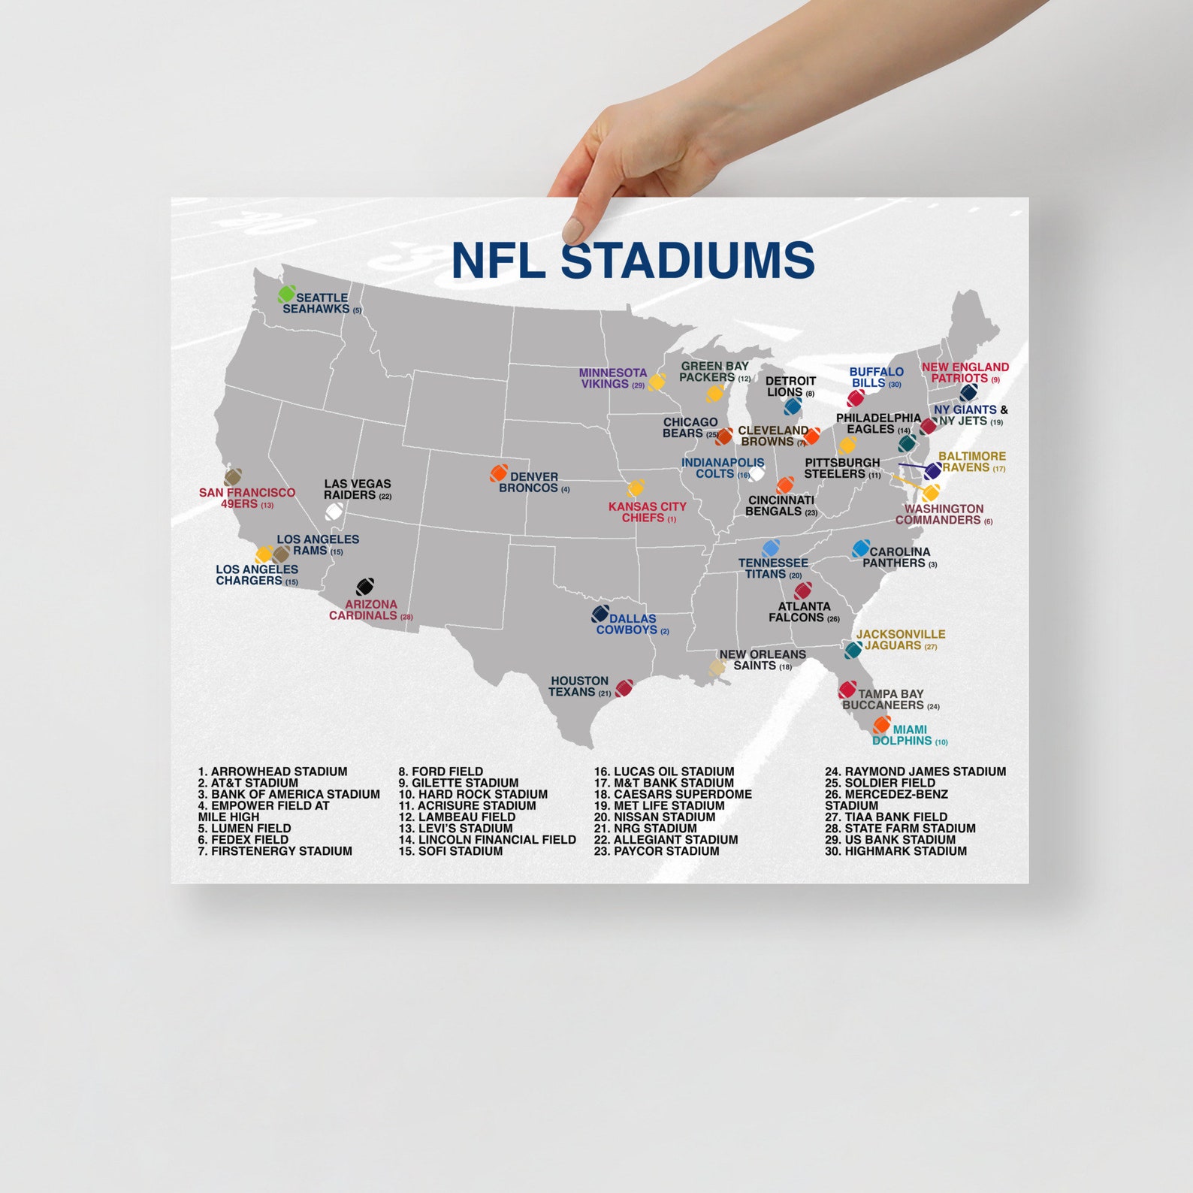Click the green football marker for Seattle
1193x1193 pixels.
click(286, 294)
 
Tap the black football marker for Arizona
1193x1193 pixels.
click(365, 586)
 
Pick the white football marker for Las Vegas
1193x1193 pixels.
click(334, 512)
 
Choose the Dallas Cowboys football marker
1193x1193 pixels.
click(600, 614)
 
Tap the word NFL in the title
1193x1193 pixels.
click(497, 261)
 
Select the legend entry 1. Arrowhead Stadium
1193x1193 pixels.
click(273, 772)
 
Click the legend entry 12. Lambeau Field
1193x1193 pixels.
click(457, 817)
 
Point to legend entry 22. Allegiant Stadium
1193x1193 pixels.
click(666, 839)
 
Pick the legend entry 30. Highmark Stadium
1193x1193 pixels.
click(896, 851)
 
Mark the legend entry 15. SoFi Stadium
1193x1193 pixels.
click(451, 851)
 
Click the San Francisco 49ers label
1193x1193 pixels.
click(246, 498)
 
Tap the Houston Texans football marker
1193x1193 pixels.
click(624, 688)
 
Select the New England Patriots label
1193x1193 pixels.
click(965, 373)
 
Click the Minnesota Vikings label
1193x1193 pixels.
click(612, 378)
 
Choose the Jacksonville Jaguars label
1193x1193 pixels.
click(900, 639)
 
